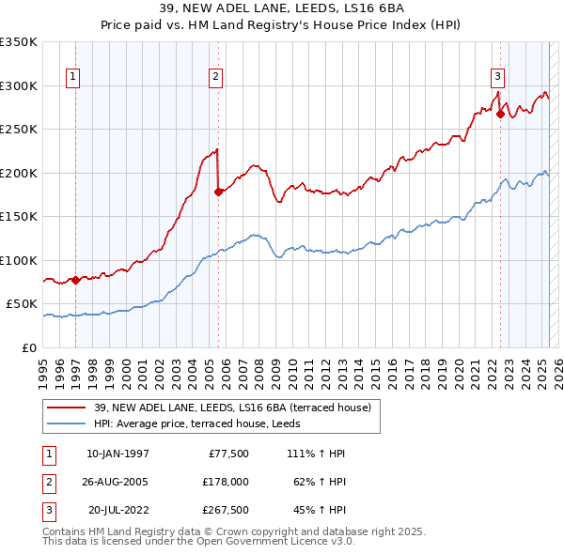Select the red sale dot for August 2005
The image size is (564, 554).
pyautogui.click(x=218, y=192)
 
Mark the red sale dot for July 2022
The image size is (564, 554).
pyautogui.click(x=500, y=115)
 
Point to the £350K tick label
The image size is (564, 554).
pyautogui.click(x=19, y=42)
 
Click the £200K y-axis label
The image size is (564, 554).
pyautogui.click(x=19, y=173)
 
